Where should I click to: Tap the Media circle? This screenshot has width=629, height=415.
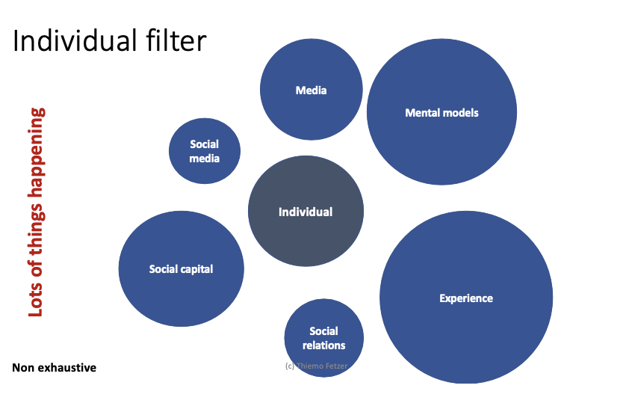(x=311, y=90)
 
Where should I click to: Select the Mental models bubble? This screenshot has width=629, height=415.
(x=441, y=113)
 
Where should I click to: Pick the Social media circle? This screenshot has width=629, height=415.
(x=205, y=150)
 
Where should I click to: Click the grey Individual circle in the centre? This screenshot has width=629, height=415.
(x=306, y=212)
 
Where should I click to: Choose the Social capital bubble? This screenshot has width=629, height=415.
(x=181, y=269)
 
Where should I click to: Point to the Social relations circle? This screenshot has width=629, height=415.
(x=324, y=338)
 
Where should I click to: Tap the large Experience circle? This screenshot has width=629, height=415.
(x=466, y=298)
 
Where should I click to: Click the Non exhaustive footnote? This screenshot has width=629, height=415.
(x=55, y=368)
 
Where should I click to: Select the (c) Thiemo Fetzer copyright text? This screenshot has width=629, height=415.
(x=317, y=366)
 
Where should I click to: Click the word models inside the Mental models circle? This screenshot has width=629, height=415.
(x=460, y=113)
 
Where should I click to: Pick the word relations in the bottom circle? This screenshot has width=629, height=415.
(x=324, y=345)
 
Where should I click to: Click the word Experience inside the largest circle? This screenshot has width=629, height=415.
(x=466, y=298)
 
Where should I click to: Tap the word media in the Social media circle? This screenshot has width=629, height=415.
(x=205, y=158)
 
